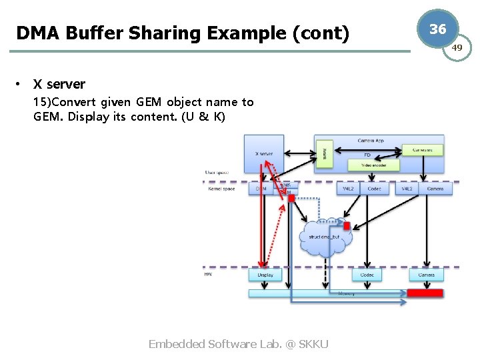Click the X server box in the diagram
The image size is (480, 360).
(x=264, y=154)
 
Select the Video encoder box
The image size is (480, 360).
(x=374, y=165)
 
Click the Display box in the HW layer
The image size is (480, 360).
(x=265, y=275)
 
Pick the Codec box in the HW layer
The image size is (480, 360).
(x=367, y=275)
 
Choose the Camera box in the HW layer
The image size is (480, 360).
(x=426, y=275)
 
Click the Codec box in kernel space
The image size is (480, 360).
(x=374, y=189)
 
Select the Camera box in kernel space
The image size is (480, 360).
(x=435, y=189)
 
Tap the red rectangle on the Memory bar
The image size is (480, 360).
(x=425, y=293)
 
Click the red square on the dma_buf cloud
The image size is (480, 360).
(x=346, y=226)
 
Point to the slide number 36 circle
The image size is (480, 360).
(x=437, y=29)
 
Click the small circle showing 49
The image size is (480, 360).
(x=457, y=47)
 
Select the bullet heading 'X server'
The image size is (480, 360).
(x=59, y=84)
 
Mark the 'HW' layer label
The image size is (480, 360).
(x=209, y=274)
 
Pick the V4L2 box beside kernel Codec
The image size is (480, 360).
(x=349, y=189)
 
